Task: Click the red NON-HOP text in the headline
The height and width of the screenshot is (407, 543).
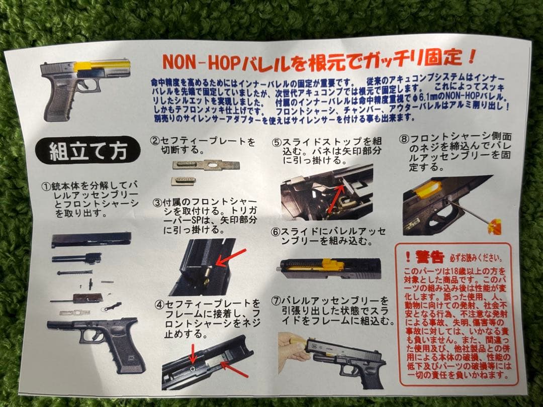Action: click(199, 62)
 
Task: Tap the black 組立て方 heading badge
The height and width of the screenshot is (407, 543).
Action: click(87, 150)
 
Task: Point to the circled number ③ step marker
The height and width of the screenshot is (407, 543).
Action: click(157, 203)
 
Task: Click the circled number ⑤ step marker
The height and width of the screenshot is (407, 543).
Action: click(276, 142)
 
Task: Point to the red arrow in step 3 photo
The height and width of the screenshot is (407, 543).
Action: click(231, 256)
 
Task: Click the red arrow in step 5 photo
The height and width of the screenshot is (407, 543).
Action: click(336, 198)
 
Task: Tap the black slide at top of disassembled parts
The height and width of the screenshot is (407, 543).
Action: click(91, 239)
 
